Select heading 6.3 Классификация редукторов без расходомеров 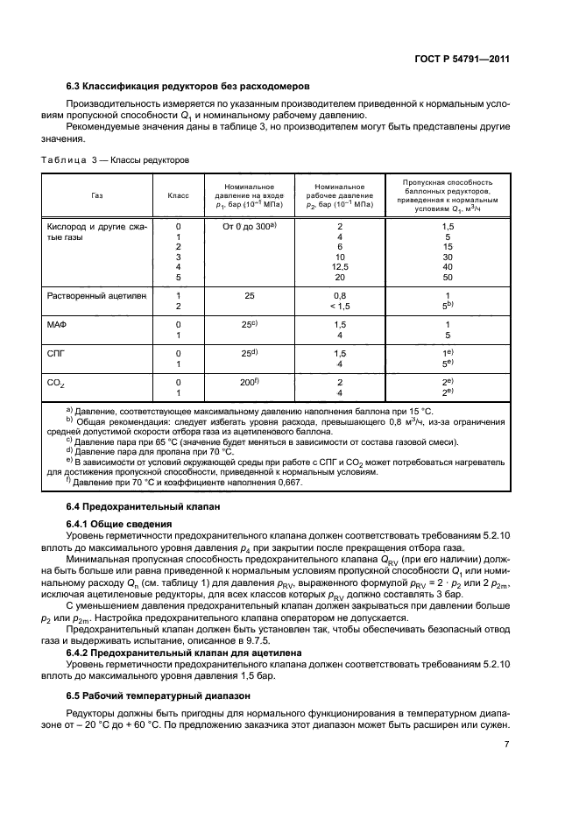188,86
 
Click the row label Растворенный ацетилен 95,296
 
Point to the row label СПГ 55,353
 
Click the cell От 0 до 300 248,226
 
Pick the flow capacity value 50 448,277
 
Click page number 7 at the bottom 506,745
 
